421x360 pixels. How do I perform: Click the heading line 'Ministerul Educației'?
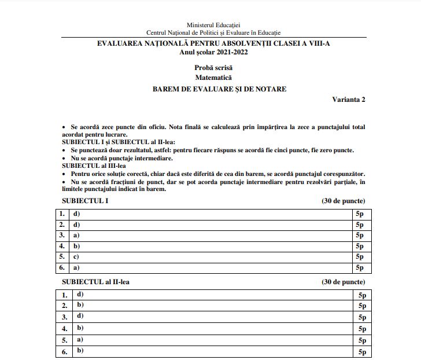point(213,25)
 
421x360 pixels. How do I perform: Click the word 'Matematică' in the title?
point(213,78)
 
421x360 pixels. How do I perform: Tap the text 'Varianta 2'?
point(348,100)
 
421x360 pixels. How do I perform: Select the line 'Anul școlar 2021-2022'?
point(213,52)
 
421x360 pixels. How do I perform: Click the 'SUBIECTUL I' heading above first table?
point(85,201)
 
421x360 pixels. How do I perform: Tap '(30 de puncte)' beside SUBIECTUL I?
point(343,201)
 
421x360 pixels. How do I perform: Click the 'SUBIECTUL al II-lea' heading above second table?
point(99,282)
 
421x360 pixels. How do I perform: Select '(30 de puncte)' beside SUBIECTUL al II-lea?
point(343,282)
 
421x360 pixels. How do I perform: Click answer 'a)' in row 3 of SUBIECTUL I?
point(76,236)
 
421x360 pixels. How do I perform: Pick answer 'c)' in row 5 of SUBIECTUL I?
point(76,257)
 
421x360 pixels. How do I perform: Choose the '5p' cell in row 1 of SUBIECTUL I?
point(359,214)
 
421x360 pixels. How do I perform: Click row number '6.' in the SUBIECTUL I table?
point(62,267)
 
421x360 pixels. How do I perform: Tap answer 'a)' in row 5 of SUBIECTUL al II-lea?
point(80,340)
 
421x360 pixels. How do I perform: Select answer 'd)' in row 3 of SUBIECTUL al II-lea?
point(80,316)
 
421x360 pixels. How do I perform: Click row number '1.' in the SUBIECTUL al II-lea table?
point(65,295)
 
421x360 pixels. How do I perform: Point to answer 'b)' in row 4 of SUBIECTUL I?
point(76,246)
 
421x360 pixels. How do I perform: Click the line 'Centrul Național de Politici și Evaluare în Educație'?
point(213,33)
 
